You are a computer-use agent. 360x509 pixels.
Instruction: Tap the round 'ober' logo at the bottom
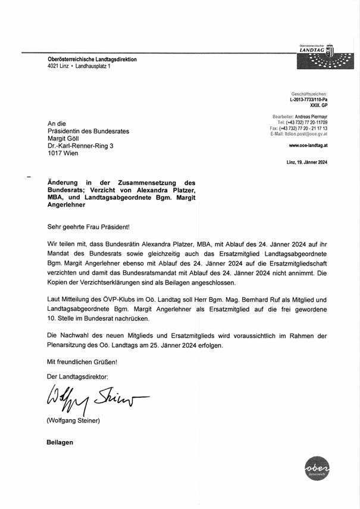point(315,471)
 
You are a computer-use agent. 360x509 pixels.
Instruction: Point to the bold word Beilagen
point(60,442)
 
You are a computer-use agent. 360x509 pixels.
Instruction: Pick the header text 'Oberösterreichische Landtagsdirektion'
point(92,60)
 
